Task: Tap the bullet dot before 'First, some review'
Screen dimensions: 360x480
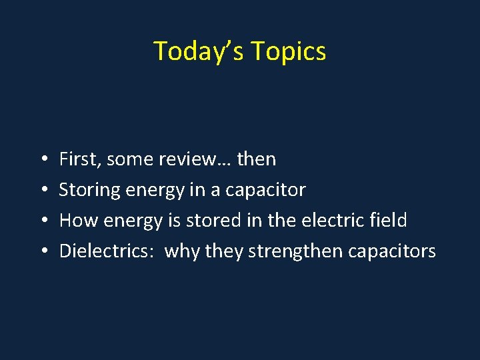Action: pyautogui.click(x=42, y=159)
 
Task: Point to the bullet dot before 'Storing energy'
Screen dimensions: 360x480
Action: pyautogui.click(x=42, y=190)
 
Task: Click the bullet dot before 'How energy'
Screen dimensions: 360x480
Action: pyautogui.click(x=42, y=221)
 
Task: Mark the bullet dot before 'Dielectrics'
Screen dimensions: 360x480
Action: pyautogui.click(x=42, y=251)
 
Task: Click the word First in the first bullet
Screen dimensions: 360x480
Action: pyautogui.click(x=75, y=159)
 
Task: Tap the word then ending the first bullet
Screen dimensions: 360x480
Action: pyautogui.click(x=257, y=159)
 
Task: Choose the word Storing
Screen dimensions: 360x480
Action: pyautogui.click(x=87, y=190)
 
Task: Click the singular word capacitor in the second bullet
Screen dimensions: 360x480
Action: pyautogui.click(x=265, y=190)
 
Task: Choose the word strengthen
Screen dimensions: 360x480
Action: pyautogui.click(x=289, y=251)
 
